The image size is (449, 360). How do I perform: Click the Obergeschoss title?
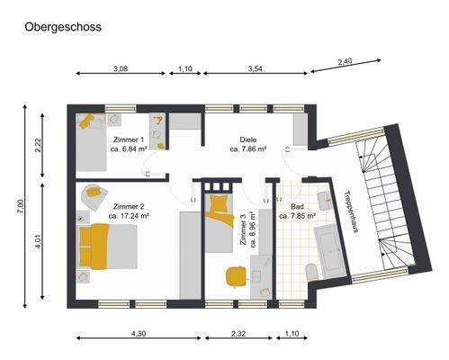pyautogui.click(x=62, y=27)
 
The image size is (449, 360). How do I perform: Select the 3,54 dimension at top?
pyautogui.click(x=256, y=68)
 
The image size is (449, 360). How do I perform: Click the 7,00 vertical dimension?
pyautogui.click(x=20, y=207)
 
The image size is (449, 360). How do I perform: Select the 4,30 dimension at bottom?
pyautogui.click(x=139, y=334)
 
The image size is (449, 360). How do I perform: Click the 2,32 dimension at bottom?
pyautogui.click(x=238, y=334)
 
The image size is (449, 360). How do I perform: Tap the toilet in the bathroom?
pyautogui.click(x=310, y=271)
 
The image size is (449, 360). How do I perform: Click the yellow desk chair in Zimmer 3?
pyautogui.click(x=236, y=275)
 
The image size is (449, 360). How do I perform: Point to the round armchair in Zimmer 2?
pyautogui.click(x=94, y=195)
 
